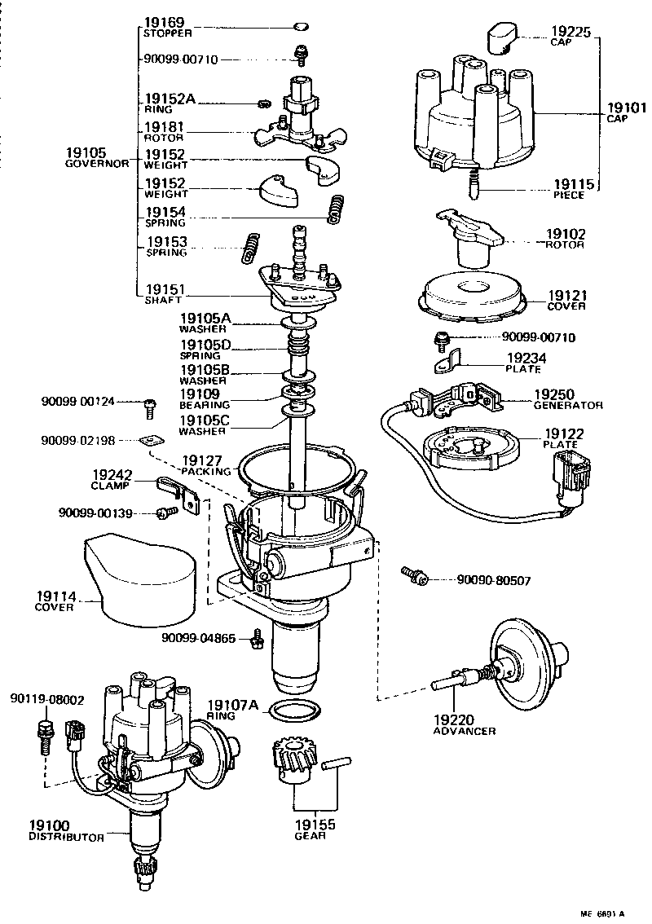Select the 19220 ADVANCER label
(x=463, y=725)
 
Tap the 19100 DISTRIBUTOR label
(x=65, y=831)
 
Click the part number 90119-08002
(x=47, y=699)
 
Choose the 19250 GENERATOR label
(x=568, y=399)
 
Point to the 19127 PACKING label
(x=205, y=465)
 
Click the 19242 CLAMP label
(x=112, y=479)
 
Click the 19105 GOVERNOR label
(x=96, y=157)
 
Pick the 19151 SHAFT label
(x=165, y=294)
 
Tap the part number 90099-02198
(x=78, y=440)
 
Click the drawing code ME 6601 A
(x=606, y=913)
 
